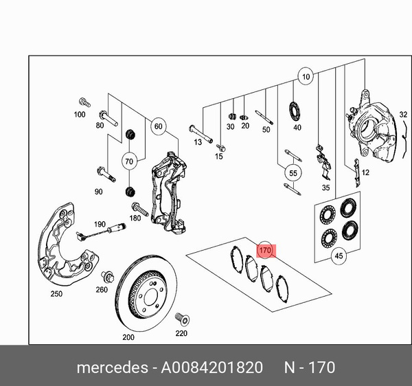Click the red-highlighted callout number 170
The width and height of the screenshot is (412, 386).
[265, 250]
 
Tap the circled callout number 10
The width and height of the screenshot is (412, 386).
[306, 76]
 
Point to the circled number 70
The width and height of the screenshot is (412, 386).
[128, 162]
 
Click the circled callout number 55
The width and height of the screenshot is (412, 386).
[293, 174]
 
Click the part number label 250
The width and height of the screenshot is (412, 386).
[56, 295]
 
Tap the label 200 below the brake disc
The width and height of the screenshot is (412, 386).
[128, 337]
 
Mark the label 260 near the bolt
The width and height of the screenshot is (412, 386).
[102, 289]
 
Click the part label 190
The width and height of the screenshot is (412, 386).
[100, 225]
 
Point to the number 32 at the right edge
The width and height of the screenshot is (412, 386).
[404, 114]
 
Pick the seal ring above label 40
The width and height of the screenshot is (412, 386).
[297, 110]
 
